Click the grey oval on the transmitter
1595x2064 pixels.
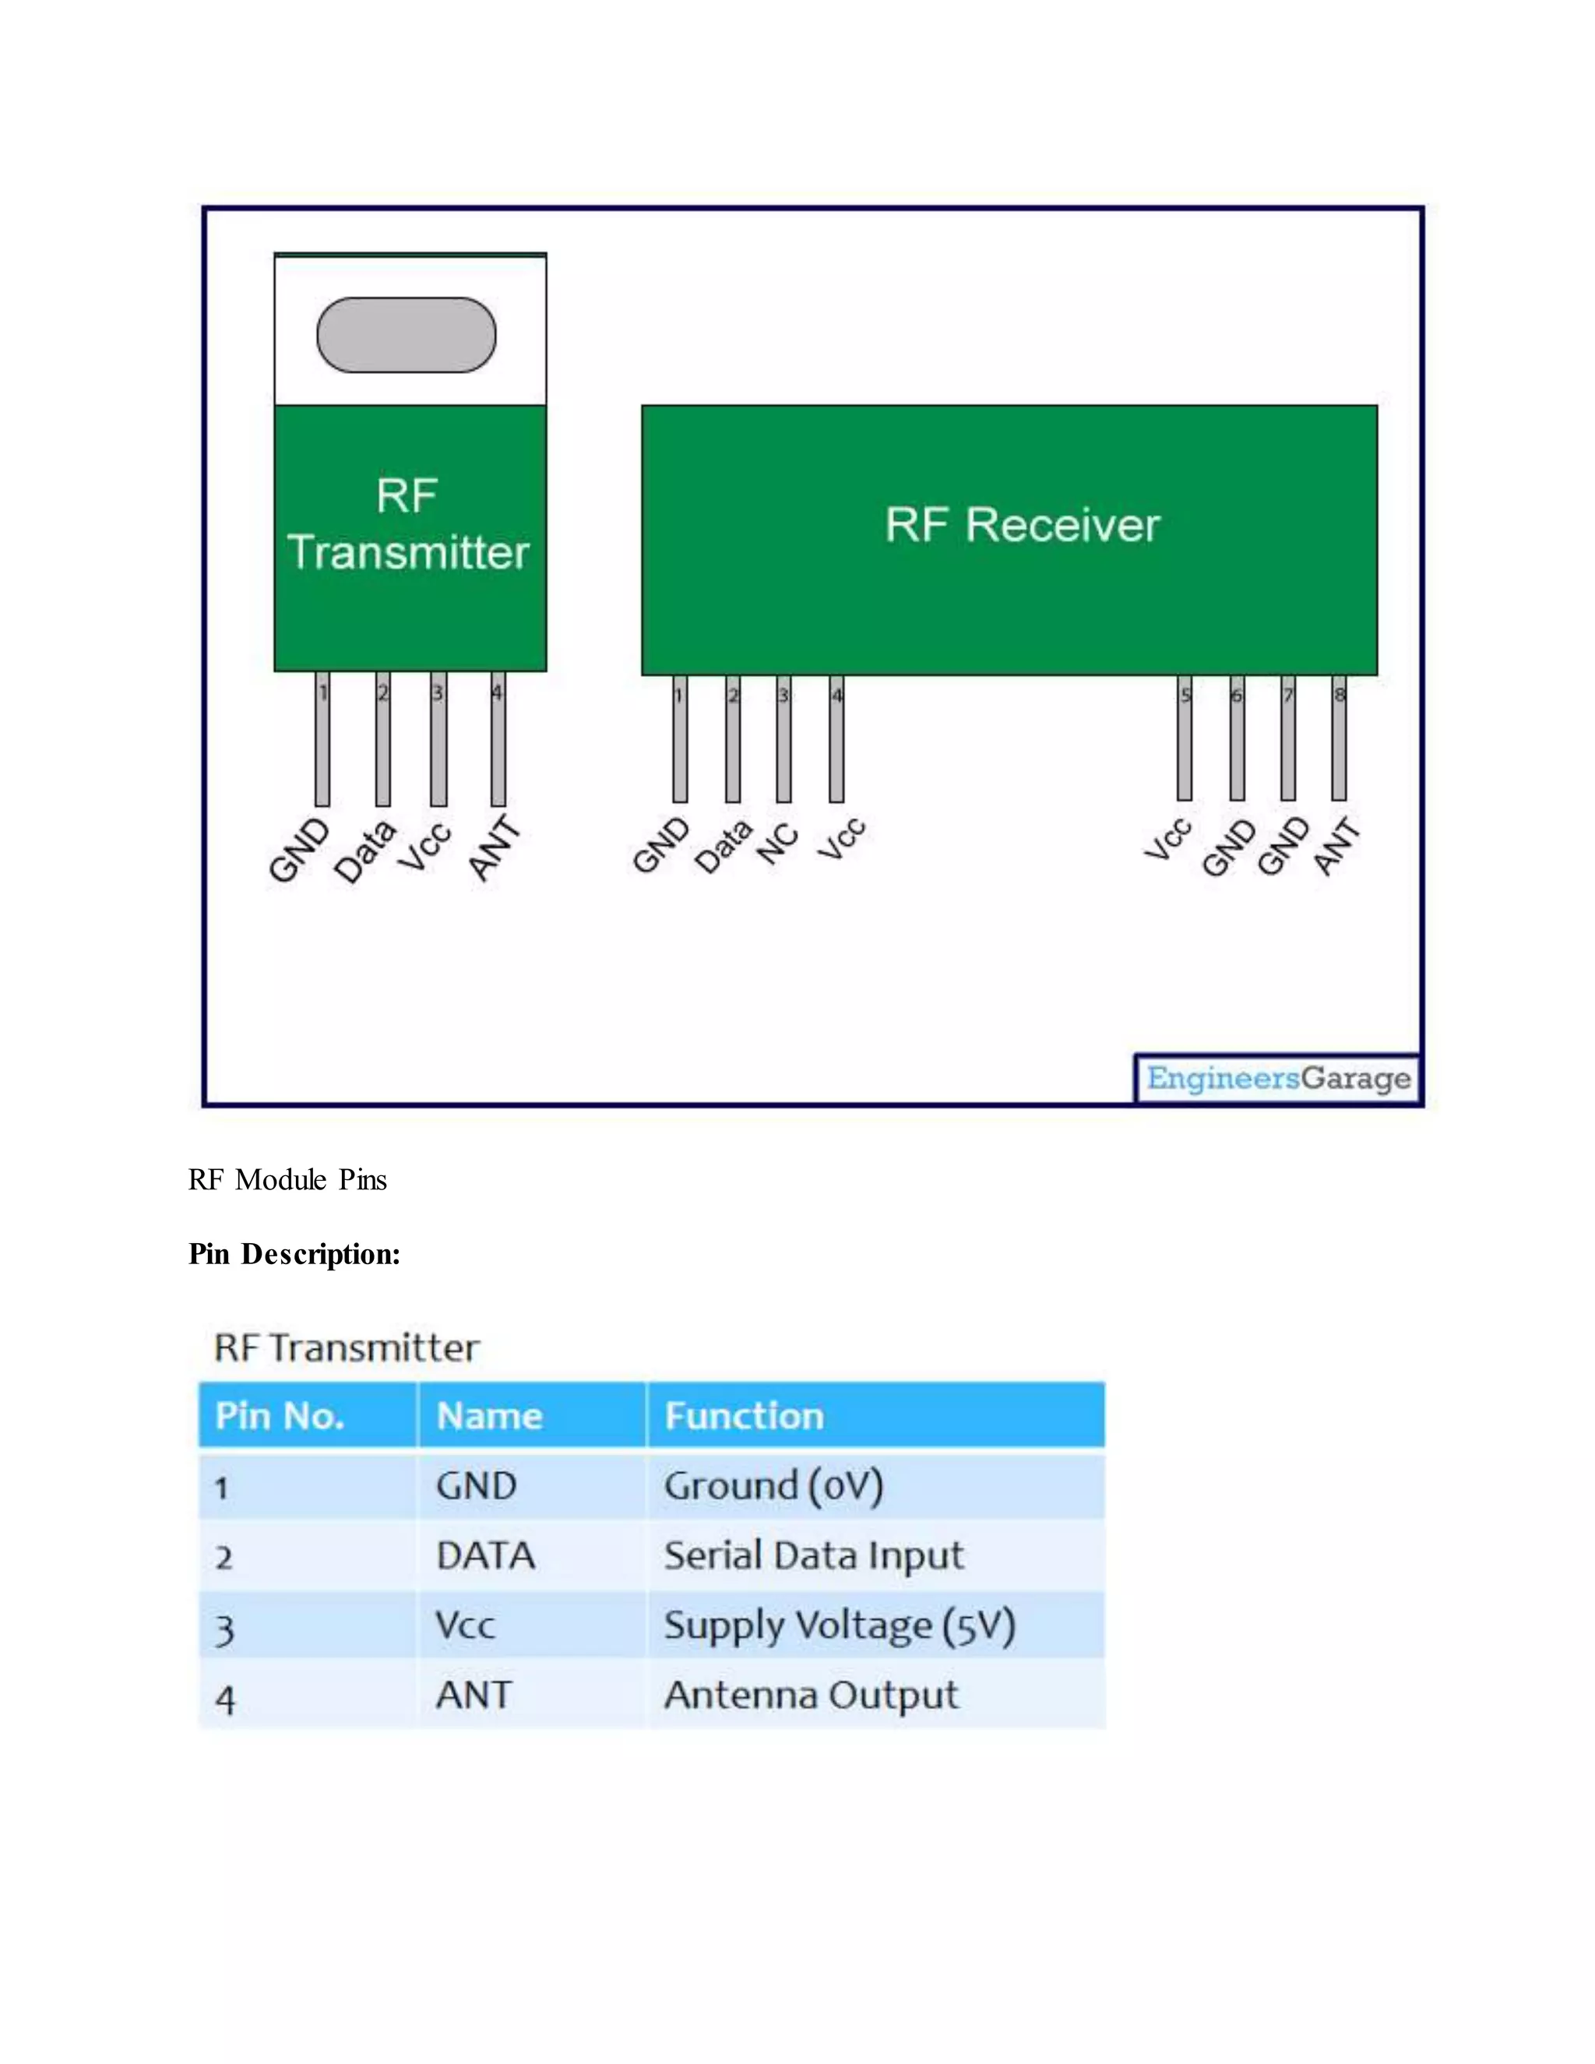[407, 336]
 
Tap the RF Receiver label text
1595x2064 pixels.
[1022, 526]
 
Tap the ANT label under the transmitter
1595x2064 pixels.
[495, 847]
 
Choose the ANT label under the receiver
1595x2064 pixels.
[1337, 847]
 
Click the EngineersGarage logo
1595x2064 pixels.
[1277, 1078]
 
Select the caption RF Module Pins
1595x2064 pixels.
[287, 1179]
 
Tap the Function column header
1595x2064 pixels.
[744, 1416]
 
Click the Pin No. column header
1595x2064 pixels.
[280, 1416]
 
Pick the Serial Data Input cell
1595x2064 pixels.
[814, 1555]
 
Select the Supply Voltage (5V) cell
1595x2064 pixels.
[839, 1625]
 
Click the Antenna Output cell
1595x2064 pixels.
[811, 1696]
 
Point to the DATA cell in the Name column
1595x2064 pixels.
[486, 1555]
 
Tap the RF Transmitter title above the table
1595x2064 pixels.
[347, 1347]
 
